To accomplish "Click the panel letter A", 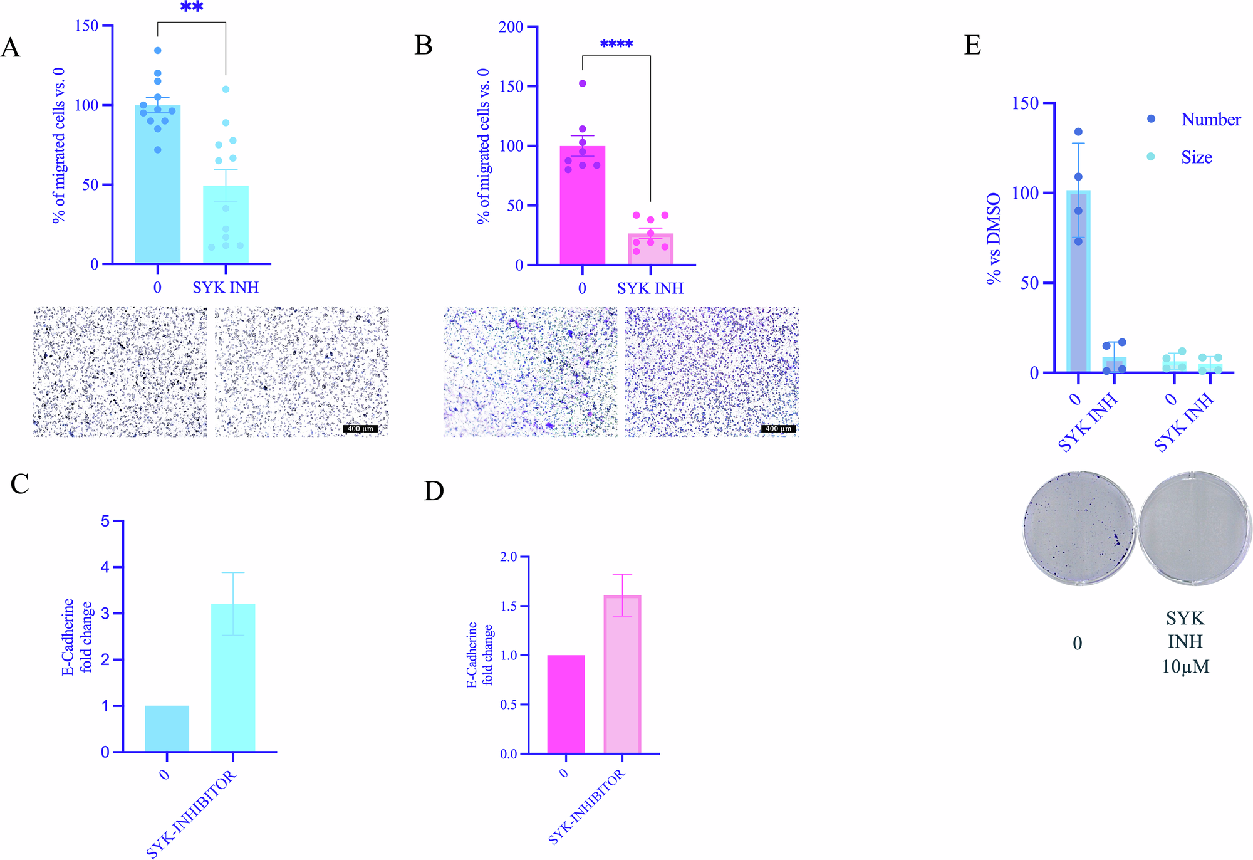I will pos(11,48).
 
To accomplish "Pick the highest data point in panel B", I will pos(583,83).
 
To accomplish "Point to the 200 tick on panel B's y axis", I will pos(511,27).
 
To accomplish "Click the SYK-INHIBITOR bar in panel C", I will pos(233,677).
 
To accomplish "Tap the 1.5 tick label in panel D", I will pos(508,606).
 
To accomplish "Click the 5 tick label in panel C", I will pos(105,522).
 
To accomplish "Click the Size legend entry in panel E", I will pos(1196,157).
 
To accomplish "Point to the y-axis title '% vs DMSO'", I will pos(994,239).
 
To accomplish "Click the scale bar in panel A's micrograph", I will pos(360,429).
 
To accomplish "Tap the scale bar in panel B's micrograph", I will pos(778,429).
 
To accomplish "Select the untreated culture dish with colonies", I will pos(1079,528).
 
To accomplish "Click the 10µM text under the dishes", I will pos(1185,666).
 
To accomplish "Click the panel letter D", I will pos(434,491).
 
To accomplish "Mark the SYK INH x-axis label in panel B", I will pos(650,288).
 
